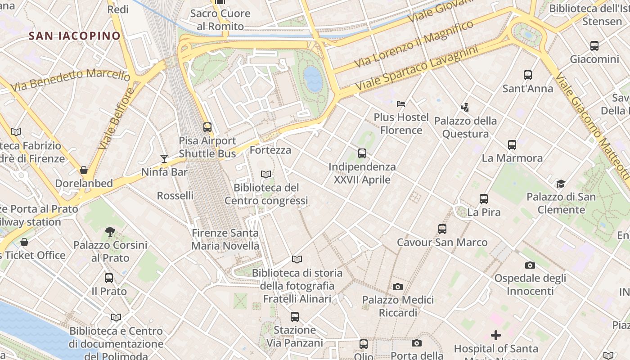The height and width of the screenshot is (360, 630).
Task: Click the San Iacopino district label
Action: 75,36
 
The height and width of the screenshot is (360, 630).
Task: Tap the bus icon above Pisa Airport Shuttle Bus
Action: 207,127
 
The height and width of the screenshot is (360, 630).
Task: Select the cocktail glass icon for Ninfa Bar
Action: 164,158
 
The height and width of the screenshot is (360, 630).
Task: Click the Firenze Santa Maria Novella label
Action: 225,239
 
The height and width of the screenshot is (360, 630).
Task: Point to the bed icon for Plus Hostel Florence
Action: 401,104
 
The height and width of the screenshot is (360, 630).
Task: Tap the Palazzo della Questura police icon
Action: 465,107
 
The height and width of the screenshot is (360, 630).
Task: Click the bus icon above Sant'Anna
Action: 528,75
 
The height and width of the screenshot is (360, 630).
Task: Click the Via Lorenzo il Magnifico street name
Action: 414,44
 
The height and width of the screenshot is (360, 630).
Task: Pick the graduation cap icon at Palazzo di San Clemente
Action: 561,184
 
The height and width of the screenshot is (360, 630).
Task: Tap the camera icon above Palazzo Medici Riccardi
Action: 398,287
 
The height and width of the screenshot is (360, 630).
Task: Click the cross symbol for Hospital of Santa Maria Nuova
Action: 496,335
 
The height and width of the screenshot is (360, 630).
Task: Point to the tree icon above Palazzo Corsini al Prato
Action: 110,232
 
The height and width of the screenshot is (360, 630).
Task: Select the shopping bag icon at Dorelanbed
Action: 84,170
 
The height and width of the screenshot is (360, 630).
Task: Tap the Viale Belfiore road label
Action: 116,119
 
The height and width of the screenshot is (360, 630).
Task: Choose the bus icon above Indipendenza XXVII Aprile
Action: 362,153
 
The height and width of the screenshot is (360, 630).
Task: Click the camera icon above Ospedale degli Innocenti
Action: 530,265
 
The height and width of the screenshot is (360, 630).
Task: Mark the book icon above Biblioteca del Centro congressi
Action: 266,174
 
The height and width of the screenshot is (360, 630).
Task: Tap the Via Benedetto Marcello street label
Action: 70,80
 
